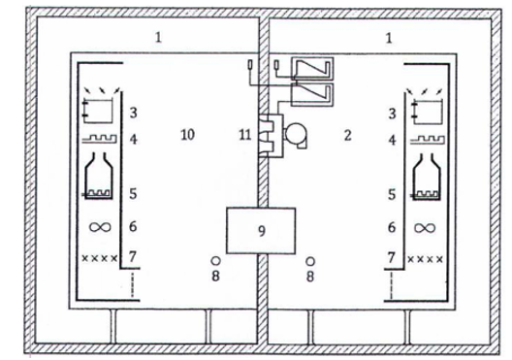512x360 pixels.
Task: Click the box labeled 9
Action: (x=261, y=231)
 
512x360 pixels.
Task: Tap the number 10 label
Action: (x=188, y=135)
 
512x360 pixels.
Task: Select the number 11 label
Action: (x=245, y=134)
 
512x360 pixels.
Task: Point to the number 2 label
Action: (x=348, y=135)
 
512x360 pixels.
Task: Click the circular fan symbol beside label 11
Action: (x=296, y=135)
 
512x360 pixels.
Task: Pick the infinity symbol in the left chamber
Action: (x=100, y=227)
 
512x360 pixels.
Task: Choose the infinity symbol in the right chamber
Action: (x=425, y=228)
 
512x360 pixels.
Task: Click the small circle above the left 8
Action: (x=215, y=261)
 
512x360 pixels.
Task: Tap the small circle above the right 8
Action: (x=310, y=261)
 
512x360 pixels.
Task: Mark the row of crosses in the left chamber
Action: (x=99, y=258)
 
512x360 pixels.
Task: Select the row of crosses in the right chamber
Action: (x=426, y=259)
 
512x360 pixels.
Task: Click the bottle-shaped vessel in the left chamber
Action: (x=99, y=176)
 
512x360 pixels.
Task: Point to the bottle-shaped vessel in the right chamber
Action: (x=426, y=177)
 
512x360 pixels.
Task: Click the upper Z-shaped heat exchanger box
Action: (x=313, y=69)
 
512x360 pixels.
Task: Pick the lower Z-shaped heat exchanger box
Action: (x=312, y=95)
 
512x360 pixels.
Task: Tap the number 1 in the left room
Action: (x=158, y=38)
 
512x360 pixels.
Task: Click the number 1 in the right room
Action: (x=389, y=38)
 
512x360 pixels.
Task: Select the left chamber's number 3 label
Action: (x=133, y=113)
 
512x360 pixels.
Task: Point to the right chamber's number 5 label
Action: (x=392, y=194)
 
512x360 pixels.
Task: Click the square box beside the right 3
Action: (x=427, y=112)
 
